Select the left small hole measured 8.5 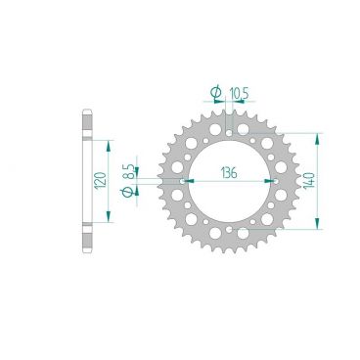click(184, 181)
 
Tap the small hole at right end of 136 click(275, 181)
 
